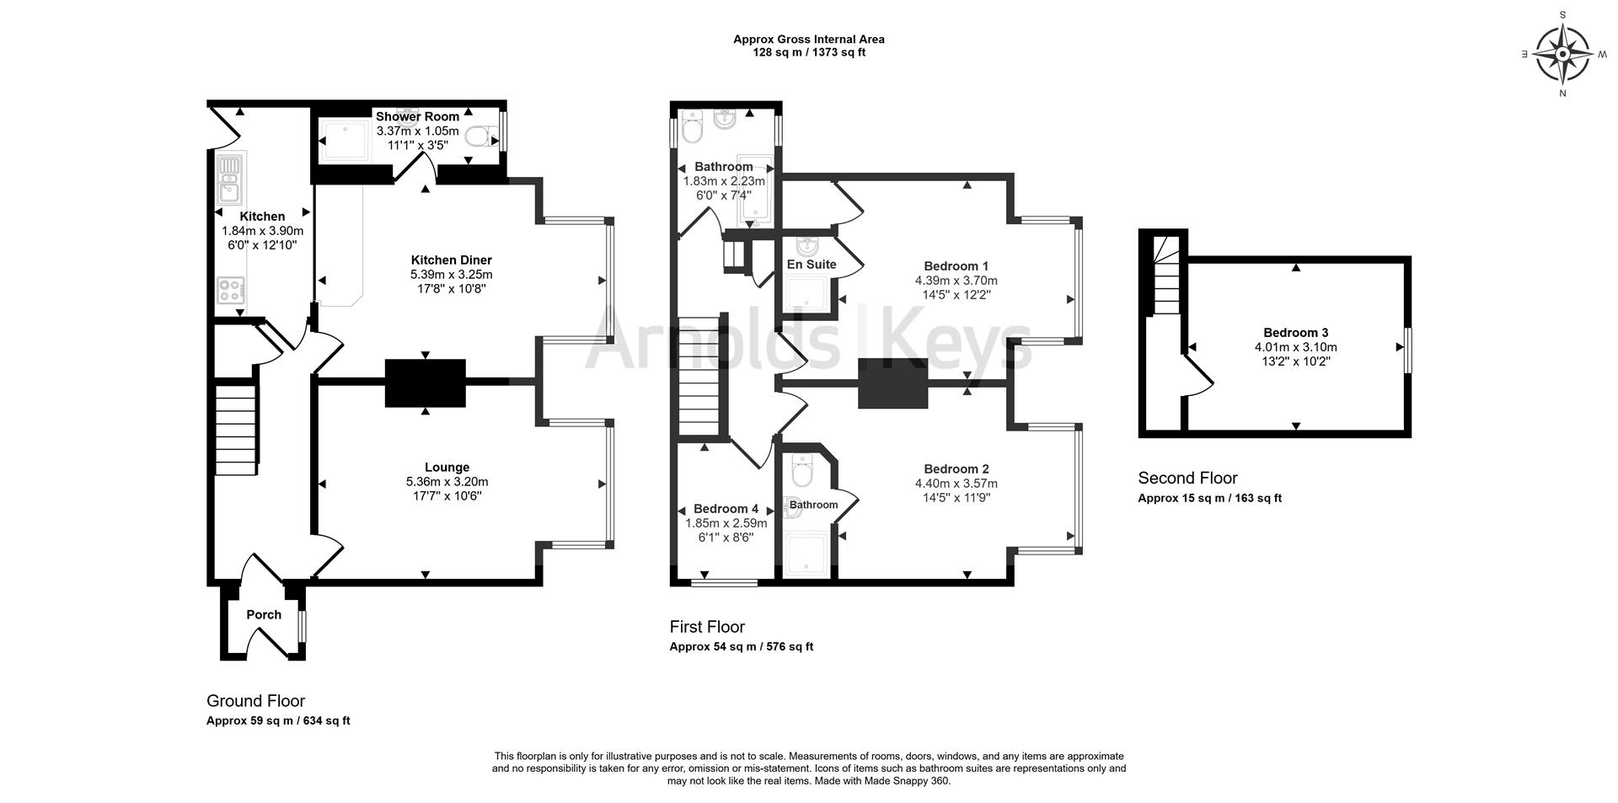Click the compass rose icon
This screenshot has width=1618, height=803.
[x=1562, y=55]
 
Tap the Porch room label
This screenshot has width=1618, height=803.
[x=264, y=615]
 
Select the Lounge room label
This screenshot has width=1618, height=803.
[x=447, y=468]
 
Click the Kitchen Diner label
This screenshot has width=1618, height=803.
[x=451, y=260]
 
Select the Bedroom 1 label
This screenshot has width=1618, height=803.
[x=956, y=266]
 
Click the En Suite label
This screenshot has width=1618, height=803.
[x=811, y=265]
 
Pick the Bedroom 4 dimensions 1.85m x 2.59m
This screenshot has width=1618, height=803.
[x=726, y=523]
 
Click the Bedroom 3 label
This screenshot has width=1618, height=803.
[x=1295, y=333]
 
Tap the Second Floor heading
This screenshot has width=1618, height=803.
[x=1187, y=479]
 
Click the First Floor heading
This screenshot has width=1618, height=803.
[x=707, y=627]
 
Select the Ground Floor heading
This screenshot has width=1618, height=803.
[x=255, y=701]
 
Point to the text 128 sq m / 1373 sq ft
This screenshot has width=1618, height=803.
[x=808, y=52]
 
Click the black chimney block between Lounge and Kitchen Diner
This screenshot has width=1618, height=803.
[x=426, y=383]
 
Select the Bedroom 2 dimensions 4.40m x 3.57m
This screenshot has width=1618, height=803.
[x=956, y=484]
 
